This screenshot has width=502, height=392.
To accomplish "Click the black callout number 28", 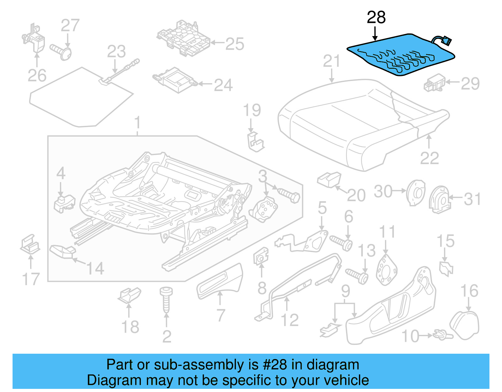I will point(376,18).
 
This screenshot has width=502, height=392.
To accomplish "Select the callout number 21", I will point(332,61).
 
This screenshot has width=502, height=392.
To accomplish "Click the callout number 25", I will point(235,44).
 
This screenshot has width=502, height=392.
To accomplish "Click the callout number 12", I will point(290,320).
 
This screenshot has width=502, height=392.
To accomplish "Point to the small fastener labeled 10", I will point(442,335).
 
